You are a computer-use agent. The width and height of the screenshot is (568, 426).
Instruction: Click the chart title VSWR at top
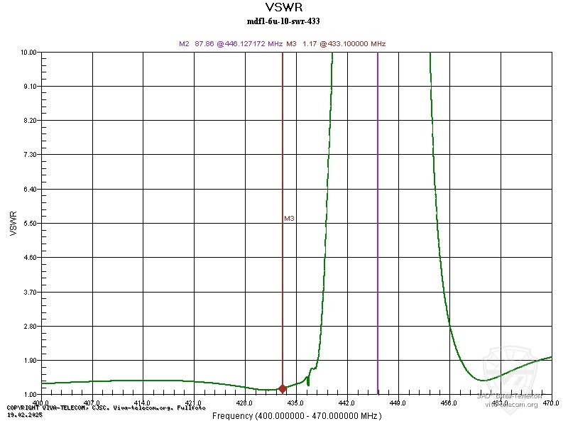coord(283,9)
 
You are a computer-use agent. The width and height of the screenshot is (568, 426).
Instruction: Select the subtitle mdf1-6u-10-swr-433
coord(283,21)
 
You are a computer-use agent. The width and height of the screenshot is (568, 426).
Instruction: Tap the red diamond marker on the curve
coord(283,388)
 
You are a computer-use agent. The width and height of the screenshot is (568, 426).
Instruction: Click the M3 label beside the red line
coord(289,219)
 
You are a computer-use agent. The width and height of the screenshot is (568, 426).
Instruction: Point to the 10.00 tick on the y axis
coord(28,53)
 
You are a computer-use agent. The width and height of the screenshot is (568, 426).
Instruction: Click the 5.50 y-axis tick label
coord(28,223)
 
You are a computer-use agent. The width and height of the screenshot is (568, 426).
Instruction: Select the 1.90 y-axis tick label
coord(28,360)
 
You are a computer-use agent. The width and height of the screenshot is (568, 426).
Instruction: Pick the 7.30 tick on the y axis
coord(28,155)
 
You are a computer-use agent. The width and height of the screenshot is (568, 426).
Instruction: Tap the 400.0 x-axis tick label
coord(42,403)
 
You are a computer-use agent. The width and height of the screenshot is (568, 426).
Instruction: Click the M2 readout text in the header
coord(231,44)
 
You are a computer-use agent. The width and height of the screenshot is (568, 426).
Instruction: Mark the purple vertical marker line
coord(378,213)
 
